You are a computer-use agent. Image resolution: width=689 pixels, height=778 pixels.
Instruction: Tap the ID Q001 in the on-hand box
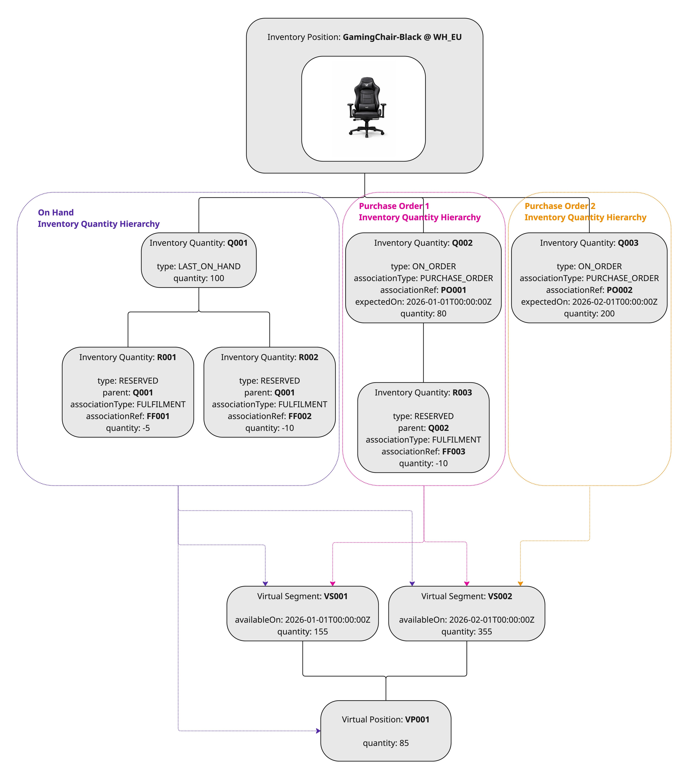(237, 243)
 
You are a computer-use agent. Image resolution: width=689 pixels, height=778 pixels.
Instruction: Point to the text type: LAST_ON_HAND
(199, 266)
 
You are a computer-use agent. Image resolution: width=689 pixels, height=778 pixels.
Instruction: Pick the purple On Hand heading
(56, 212)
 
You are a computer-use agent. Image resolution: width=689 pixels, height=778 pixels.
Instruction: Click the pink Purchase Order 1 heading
(394, 206)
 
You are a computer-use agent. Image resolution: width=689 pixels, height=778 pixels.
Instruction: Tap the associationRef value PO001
(453, 290)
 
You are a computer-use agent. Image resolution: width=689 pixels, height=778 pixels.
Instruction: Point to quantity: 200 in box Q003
(589, 314)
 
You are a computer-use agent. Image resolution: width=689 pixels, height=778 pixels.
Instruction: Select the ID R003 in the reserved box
(462, 392)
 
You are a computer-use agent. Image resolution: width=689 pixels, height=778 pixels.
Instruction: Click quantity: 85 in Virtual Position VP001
(386, 743)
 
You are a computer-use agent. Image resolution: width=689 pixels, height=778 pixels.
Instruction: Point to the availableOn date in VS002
(492, 620)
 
